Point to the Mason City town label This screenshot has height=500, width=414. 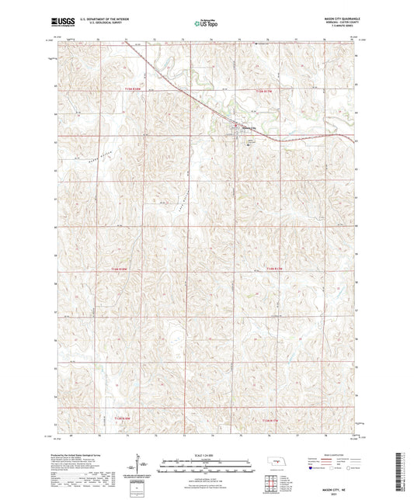point(247,128)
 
